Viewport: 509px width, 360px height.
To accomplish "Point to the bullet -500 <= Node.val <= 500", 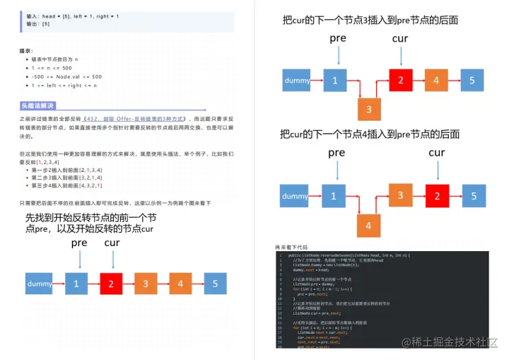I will point(66,76).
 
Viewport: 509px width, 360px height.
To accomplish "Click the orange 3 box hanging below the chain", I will point(369,110).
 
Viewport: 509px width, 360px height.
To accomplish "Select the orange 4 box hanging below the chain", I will point(368,226).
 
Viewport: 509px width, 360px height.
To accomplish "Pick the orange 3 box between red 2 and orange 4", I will point(145,284).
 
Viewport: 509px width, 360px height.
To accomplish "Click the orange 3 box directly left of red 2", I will point(400,195).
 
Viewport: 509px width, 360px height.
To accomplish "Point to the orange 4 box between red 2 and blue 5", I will point(436,80).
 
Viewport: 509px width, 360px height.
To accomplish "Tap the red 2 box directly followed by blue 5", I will point(437,196).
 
